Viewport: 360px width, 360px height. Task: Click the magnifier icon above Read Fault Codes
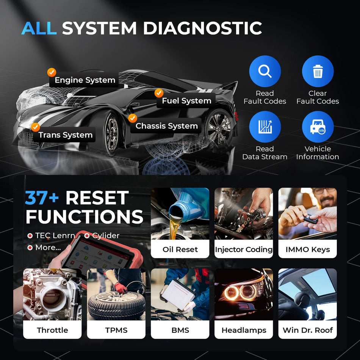[265, 71]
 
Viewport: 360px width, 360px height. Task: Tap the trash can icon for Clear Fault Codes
[318, 71]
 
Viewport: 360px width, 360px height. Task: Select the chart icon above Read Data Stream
[265, 127]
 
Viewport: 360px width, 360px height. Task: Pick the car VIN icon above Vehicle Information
[318, 127]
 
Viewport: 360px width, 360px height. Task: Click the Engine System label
[85, 80]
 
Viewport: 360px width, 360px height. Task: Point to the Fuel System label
[186, 101]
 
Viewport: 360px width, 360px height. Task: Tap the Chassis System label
[166, 126]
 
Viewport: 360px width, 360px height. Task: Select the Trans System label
[65, 135]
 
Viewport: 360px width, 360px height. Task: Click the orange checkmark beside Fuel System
[159, 93]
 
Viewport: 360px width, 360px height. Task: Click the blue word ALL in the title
[39, 28]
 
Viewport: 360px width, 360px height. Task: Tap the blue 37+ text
[42, 198]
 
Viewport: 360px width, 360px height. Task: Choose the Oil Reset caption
[180, 249]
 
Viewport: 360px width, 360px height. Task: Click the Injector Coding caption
[244, 249]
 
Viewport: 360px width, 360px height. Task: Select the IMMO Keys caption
[307, 249]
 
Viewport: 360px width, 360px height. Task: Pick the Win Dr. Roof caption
[307, 330]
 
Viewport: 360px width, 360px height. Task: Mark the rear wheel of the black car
[219, 127]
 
